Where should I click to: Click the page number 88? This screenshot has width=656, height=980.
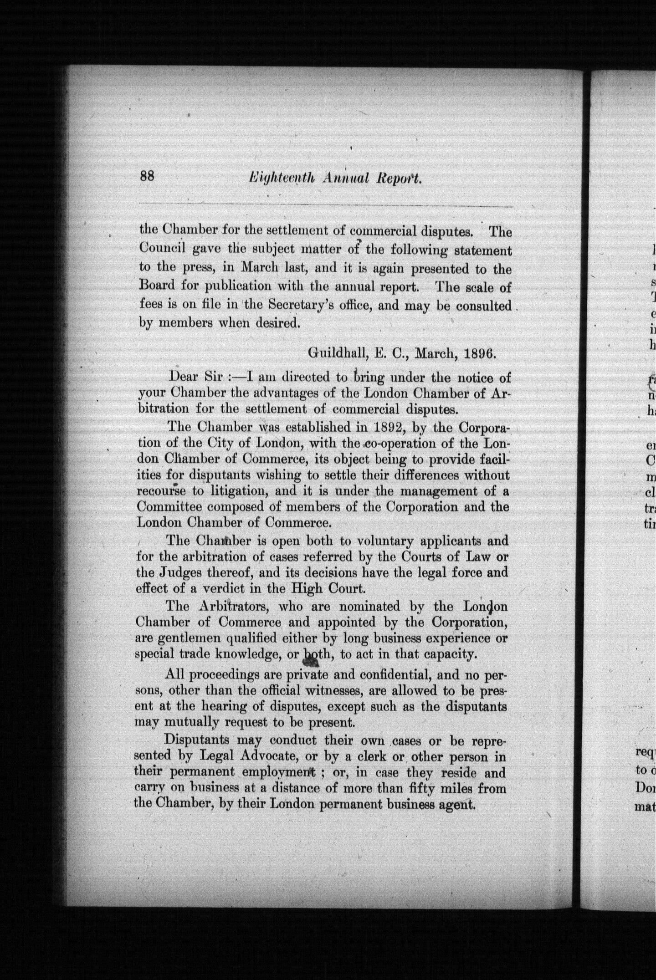tap(148, 176)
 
